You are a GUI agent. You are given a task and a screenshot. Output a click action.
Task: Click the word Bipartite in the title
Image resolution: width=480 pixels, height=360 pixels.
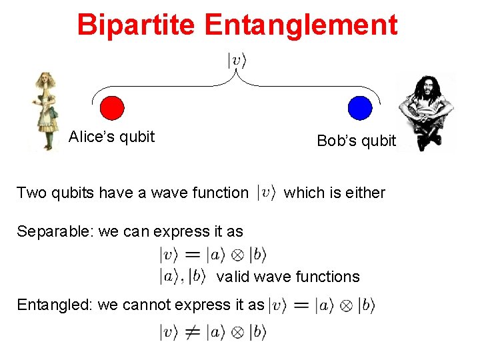click(x=137, y=25)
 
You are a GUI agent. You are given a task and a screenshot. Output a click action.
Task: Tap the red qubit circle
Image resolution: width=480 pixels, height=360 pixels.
click(x=111, y=108)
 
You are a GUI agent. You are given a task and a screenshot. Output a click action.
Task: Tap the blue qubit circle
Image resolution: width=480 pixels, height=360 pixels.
click(x=360, y=108)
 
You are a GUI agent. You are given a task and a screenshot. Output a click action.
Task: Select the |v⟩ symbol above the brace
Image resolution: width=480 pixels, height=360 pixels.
click(x=237, y=61)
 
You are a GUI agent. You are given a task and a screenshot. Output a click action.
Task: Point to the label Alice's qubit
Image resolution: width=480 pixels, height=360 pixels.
click(x=111, y=137)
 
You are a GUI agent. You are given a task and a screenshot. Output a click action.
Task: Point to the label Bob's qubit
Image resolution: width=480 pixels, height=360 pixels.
click(x=356, y=141)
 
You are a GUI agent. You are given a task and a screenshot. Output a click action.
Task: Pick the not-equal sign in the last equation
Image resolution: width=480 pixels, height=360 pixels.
click(x=193, y=331)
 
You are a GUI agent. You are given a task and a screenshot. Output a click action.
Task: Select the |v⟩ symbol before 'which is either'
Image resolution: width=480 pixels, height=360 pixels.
click(x=267, y=193)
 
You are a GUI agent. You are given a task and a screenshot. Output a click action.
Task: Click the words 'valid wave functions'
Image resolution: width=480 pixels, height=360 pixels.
click(x=288, y=277)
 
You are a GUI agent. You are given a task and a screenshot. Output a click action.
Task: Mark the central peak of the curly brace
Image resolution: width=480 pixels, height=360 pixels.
click(x=237, y=75)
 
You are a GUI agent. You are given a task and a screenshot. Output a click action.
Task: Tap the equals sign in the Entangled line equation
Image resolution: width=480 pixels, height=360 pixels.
click(x=301, y=305)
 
